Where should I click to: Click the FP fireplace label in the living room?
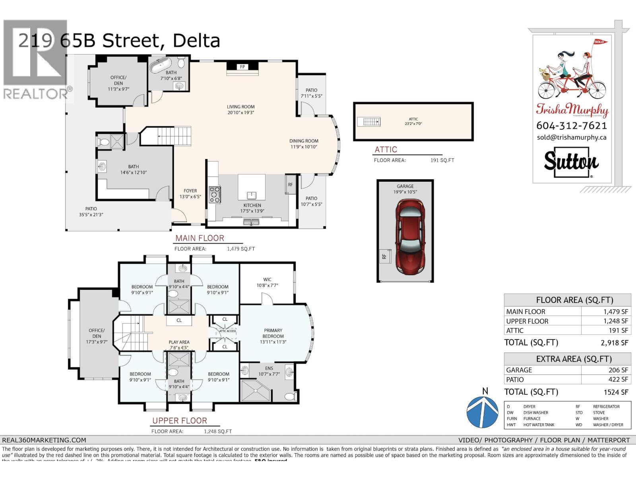pyautogui.click(x=242, y=67)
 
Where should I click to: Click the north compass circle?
pyautogui.click(x=482, y=412)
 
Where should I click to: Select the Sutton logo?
pyautogui.click(x=571, y=162)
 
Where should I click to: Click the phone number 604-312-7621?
pyautogui.click(x=572, y=126)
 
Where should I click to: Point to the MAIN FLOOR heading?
pyautogui.click(x=200, y=238)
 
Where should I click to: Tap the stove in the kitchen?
pyautogui.click(x=215, y=194)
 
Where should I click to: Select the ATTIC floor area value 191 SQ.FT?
pyautogui.click(x=442, y=160)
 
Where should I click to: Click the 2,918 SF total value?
pyautogui.click(x=616, y=343)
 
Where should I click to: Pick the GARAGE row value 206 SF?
pyautogui.click(x=618, y=370)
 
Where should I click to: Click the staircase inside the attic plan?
pyautogui.click(x=369, y=121)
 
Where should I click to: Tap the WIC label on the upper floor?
pyautogui.click(x=267, y=279)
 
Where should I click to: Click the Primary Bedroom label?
pyautogui.click(x=273, y=333)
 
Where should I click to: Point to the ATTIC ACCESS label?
pyautogui.click(x=227, y=331)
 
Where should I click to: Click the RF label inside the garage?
pyautogui.click(x=384, y=256)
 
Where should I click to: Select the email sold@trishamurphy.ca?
pyautogui.click(x=572, y=137)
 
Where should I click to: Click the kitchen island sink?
pyautogui.click(x=252, y=195)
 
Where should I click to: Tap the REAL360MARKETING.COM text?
pyautogui.click(x=44, y=440)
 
